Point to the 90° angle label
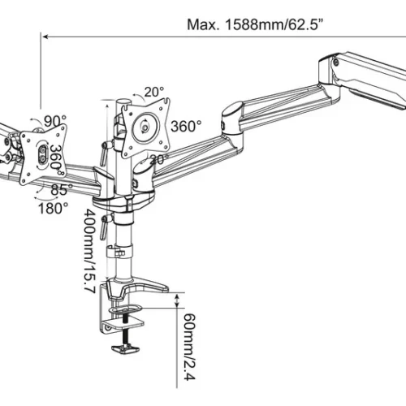(x=55, y=121)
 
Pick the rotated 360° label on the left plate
(x=54, y=155)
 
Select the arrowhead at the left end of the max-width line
(x=45, y=36)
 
